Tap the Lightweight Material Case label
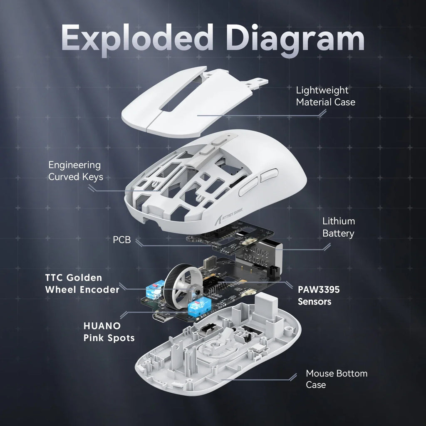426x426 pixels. tap(325, 96)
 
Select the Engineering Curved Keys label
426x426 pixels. tap(75, 171)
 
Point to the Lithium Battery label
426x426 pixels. tap(338, 227)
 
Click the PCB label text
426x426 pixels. tap(122, 240)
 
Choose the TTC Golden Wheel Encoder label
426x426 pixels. tap(82, 283)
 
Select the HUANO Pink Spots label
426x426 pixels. tap(109, 331)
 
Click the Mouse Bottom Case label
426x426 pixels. tap(337, 379)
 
